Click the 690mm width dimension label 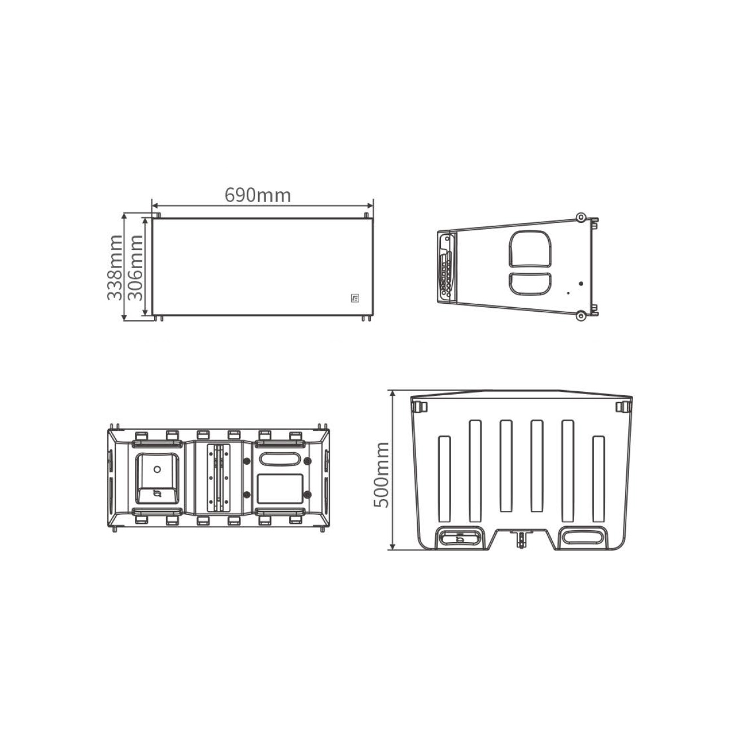click(x=257, y=195)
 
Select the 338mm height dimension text click(x=115, y=268)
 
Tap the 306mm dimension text click(x=135, y=268)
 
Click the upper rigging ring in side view click(x=580, y=217)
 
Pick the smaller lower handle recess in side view click(x=530, y=283)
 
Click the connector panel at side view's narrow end click(x=447, y=266)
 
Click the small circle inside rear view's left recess click(x=156, y=468)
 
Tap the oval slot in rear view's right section click(x=280, y=459)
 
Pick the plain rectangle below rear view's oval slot click(x=280, y=489)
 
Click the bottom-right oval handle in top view click(x=581, y=537)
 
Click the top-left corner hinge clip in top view click(x=418, y=407)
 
